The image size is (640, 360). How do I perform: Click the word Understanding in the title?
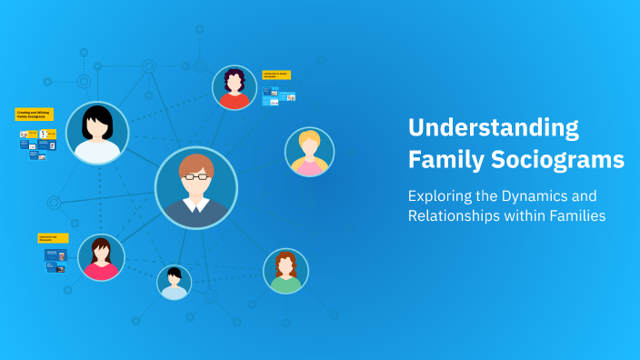click(x=494, y=128)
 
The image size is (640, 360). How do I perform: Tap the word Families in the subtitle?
click(x=571, y=216)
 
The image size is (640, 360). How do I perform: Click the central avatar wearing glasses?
click(x=195, y=187)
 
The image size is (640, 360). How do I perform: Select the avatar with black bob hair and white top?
click(x=97, y=133)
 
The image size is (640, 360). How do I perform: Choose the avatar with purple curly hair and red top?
click(x=235, y=87)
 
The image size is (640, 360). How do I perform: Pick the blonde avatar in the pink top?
click(x=309, y=152)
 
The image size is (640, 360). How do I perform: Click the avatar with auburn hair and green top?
click(x=285, y=271)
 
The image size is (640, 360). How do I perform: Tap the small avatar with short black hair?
click(x=174, y=283)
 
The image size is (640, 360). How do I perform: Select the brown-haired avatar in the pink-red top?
click(x=100, y=257)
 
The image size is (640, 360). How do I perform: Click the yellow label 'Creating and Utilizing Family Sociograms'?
click(x=35, y=115)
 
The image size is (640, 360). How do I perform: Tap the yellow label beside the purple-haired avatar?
click(x=276, y=75)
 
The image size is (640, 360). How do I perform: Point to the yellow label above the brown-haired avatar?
click(x=53, y=238)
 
